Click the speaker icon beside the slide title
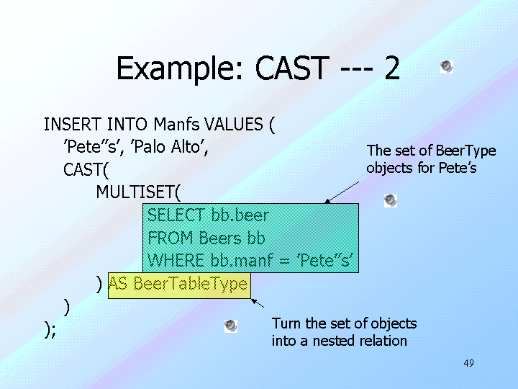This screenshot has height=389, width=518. point(447,67)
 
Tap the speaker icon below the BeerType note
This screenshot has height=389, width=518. point(390,200)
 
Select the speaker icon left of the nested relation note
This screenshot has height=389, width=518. point(231,326)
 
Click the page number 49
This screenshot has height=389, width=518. point(468,362)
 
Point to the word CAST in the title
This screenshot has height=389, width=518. point(290,69)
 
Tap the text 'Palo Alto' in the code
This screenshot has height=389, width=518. point(170,147)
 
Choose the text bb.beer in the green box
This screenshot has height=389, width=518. point(240,215)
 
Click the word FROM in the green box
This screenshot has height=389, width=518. point(171,237)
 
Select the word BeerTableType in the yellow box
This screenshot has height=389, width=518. point(191,285)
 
